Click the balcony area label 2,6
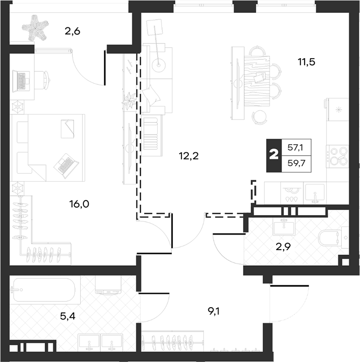pos(72,31)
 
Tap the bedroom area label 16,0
pos(79,204)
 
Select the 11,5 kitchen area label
pos(307,62)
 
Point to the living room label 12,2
pos(189,157)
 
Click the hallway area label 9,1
pos(214,312)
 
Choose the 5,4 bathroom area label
pos(68,316)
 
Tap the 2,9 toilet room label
pos(284,247)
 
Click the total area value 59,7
pos(297,164)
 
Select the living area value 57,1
pos(295,147)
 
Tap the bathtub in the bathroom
pos(44,290)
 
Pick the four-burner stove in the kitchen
pos(337,157)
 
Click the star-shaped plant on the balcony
pos(36,28)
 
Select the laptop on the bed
pos(66,166)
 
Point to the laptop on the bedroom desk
pos(21,81)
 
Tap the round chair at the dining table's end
pos(259,117)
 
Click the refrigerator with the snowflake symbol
pos(338,109)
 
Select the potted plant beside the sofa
pos(129,101)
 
